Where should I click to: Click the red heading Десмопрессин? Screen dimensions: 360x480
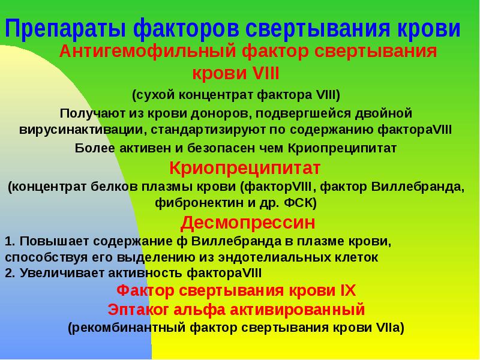click(248, 223)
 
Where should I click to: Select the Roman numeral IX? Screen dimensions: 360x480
click(349, 291)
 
